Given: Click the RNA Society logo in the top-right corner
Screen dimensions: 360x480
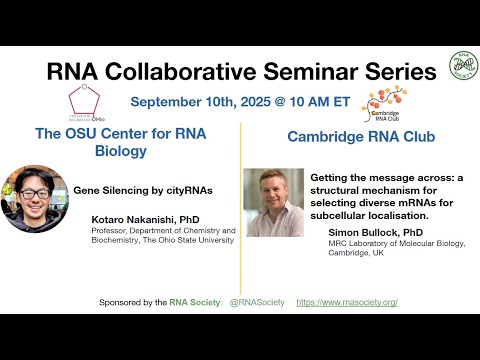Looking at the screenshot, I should (463, 65).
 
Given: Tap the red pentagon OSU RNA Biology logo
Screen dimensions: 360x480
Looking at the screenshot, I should (83, 100).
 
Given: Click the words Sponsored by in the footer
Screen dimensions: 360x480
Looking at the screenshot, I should (126, 302).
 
